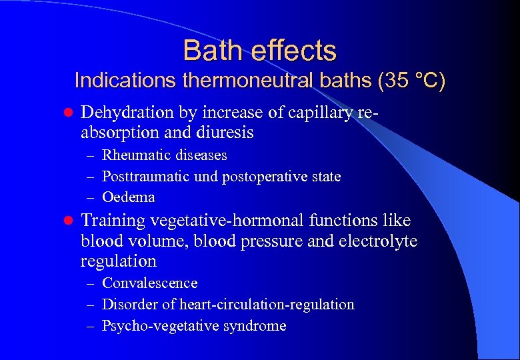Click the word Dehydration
click(126, 113)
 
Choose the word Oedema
click(129, 197)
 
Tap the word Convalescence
click(150, 283)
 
